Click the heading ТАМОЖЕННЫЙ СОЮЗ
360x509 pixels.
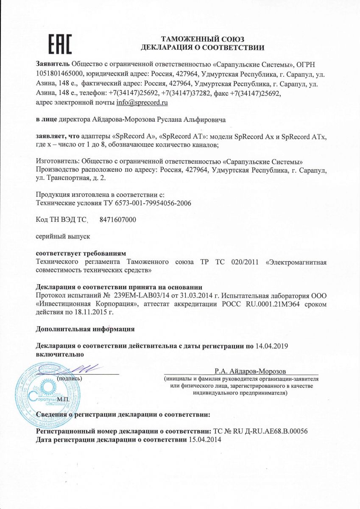click(x=203, y=39)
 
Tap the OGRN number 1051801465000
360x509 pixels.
click(x=58, y=73)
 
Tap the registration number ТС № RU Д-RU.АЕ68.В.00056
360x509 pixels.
click(x=263, y=431)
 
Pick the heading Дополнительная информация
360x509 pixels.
click(x=86, y=329)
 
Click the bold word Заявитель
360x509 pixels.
click(x=53, y=64)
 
